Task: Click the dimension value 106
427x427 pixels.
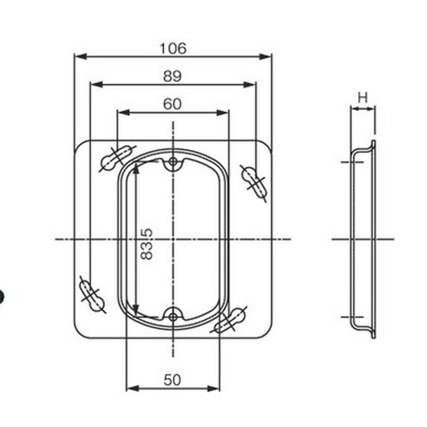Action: pyautogui.click(x=173, y=49)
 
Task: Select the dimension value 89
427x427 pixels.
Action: pyautogui.click(x=172, y=76)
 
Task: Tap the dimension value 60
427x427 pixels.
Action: pyautogui.click(x=172, y=104)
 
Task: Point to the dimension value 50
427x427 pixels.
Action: pyautogui.click(x=172, y=380)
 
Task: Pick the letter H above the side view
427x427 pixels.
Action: pyautogui.click(x=363, y=98)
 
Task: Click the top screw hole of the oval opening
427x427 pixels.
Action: pyautogui.click(x=172, y=162)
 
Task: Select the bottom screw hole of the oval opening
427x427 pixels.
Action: pyautogui.click(x=172, y=317)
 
